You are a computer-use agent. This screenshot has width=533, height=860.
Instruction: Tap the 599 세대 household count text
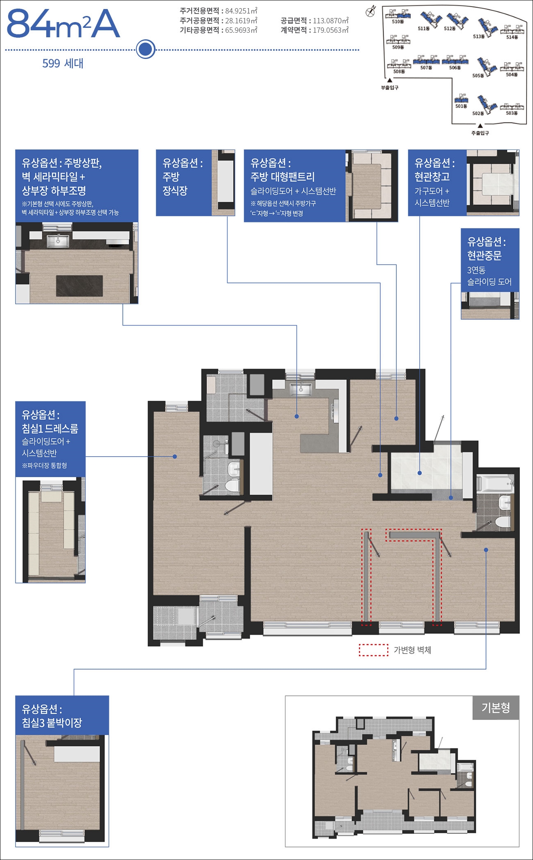point(63,63)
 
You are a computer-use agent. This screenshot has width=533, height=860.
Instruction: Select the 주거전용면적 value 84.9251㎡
point(241,11)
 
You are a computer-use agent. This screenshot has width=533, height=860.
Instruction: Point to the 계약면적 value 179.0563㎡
point(331,30)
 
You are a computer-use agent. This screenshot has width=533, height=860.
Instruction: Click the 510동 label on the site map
point(397,22)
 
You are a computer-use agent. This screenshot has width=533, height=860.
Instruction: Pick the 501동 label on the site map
point(461,106)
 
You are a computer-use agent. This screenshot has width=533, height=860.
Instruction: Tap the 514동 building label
point(512,37)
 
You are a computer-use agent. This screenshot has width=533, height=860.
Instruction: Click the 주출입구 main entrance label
point(480,133)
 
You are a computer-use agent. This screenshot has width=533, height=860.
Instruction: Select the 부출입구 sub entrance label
point(389,88)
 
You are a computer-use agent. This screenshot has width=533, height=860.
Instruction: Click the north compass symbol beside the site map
point(370,11)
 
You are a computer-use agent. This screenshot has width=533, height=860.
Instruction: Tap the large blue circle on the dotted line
point(145,50)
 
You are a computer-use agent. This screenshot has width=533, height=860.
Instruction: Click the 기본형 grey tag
point(496,708)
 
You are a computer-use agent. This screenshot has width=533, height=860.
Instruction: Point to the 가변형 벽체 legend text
point(412,650)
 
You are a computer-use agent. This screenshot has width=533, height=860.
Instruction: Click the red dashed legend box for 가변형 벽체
point(373,650)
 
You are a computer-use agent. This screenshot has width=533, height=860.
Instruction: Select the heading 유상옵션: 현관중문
point(486,249)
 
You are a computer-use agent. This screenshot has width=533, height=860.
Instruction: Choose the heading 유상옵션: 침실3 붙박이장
point(52,715)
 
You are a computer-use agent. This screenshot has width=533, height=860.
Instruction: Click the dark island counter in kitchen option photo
point(79,285)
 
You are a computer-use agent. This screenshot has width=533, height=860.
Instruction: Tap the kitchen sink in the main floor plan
point(300,389)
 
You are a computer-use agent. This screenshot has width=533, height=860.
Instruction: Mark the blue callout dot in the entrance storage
point(420,473)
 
